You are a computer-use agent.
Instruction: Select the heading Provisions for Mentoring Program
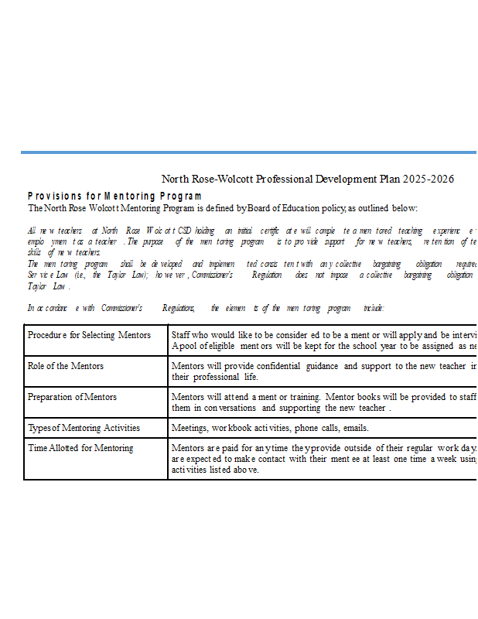[x=114, y=197]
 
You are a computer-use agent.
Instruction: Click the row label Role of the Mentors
[x=65, y=366]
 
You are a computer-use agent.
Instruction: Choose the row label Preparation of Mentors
[x=72, y=397]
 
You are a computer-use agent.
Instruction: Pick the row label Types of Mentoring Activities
[x=84, y=428]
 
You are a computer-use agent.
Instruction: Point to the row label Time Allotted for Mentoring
[x=80, y=448]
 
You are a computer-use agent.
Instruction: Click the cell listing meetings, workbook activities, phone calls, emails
[x=270, y=428]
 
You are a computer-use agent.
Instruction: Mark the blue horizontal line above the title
[x=248, y=152]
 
